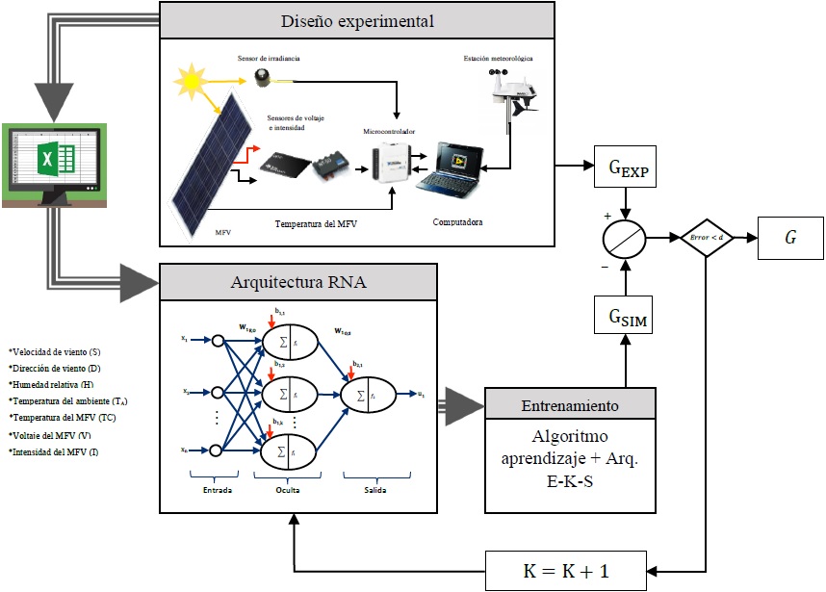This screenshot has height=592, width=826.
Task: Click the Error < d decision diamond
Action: [x=709, y=236]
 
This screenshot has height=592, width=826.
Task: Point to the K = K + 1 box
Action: [x=567, y=569]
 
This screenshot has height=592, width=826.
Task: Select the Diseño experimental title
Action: [x=357, y=20]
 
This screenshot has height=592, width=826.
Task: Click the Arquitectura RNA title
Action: [x=298, y=283]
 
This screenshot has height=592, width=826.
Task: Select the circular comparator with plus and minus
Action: [x=627, y=236]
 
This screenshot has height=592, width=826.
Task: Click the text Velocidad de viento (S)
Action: [x=55, y=352]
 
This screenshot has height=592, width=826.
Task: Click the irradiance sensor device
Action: [x=262, y=75]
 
